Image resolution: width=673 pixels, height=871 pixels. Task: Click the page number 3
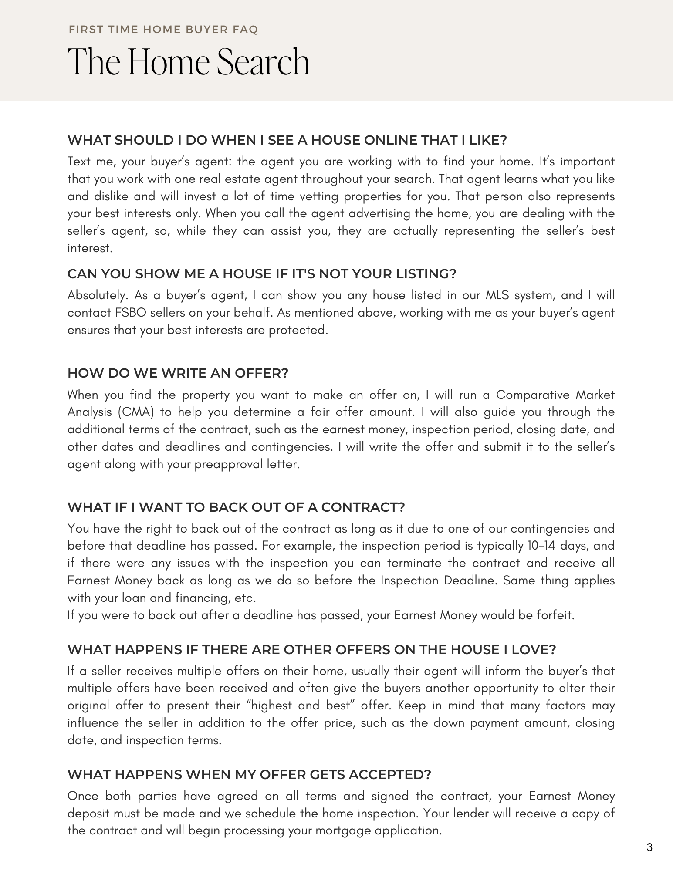point(649,847)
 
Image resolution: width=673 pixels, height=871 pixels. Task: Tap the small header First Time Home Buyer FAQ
point(163,30)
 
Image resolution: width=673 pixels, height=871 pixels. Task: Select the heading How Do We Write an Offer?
point(178,373)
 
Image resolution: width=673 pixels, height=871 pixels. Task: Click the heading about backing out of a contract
point(236,507)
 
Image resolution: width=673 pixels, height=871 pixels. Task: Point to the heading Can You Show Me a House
point(261,274)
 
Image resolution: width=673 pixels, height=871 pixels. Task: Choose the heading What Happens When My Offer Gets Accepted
point(249,775)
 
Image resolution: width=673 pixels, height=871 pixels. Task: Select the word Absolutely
point(98,295)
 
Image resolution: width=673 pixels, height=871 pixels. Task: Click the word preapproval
point(227,464)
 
